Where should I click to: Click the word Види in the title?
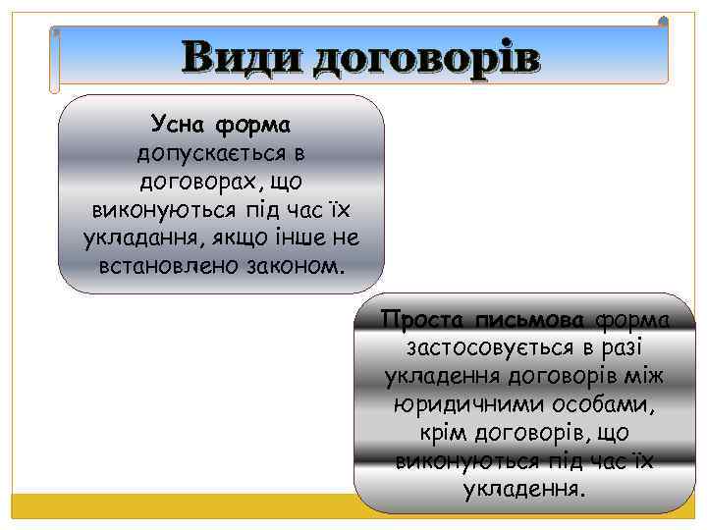[241, 58]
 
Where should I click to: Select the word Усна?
[178, 126]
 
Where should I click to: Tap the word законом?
[299, 266]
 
